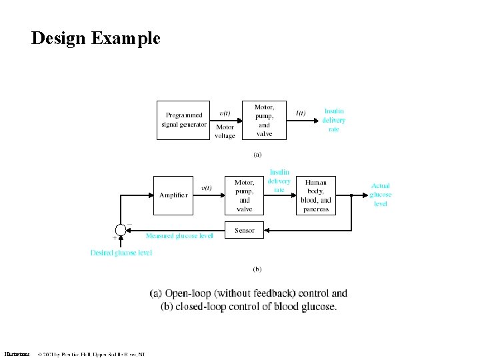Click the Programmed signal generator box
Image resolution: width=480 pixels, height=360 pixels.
point(185,120)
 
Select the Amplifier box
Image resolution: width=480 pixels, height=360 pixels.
point(173,195)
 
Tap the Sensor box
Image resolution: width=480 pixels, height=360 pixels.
point(245,231)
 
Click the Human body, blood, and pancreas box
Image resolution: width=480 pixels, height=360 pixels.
point(316,195)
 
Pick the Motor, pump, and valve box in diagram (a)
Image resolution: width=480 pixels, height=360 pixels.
point(264,121)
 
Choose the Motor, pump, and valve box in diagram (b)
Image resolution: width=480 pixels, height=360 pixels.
point(245,195)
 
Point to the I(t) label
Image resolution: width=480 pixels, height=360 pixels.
point(301,113)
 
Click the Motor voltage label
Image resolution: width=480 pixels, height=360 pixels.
point(225,131)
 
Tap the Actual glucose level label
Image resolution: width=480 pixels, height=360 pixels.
point(381,195)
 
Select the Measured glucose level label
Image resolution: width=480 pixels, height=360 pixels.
point(179,235)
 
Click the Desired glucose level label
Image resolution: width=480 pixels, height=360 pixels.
point(121,253)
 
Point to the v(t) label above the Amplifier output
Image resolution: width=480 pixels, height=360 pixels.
point(206,187)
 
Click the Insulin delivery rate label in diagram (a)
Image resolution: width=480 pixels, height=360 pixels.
point(334,120)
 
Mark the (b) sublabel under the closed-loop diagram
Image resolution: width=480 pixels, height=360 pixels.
point(257,269)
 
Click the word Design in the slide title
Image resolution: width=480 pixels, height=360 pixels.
point(57,38)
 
